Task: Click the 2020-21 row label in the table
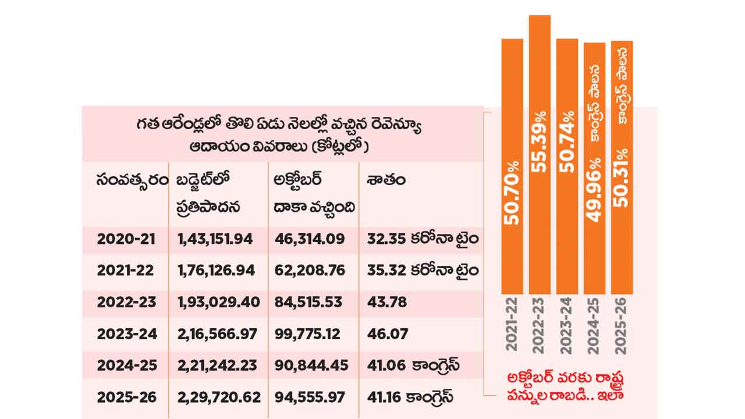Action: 126,239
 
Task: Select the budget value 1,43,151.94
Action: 214,239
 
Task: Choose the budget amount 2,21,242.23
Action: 215,365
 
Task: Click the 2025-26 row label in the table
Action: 126,397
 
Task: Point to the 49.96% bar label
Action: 594,190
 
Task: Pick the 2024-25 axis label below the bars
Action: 594,328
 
